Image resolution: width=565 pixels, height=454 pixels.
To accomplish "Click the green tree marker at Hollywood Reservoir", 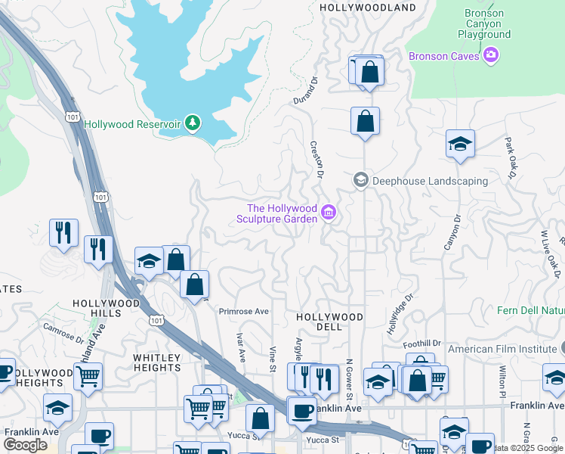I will (x=193, y=123).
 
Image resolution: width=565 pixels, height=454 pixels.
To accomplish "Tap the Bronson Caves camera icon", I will (x=492, y=55).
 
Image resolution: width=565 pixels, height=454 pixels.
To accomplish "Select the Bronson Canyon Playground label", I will (x=484, y=23).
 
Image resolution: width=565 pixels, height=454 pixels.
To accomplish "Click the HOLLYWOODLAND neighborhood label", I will (x=368, y=8).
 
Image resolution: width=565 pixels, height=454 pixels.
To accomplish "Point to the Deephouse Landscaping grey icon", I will (x=361, y=180).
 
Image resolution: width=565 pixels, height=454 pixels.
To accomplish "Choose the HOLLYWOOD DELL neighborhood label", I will (x=329, y=322).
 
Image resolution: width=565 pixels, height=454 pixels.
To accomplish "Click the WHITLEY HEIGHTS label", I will (x=157, y=362).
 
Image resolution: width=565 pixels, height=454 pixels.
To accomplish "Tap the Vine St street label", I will (x=273, y=359).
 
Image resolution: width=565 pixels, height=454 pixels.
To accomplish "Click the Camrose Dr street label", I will (x=63, y=334).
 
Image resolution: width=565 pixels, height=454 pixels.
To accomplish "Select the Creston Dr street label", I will (x=316, y=160).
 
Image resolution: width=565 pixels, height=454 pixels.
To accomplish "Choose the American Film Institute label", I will (x=502, y=349).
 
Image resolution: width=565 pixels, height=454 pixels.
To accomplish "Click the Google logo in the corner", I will (x=25, y=445).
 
